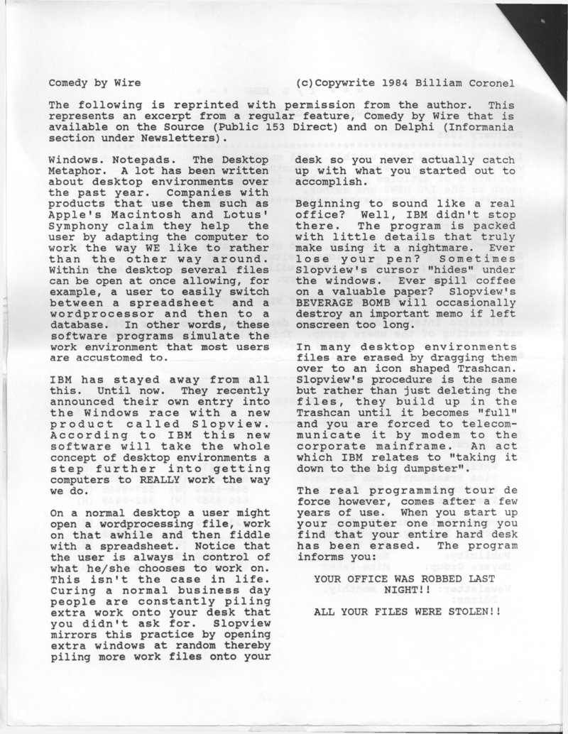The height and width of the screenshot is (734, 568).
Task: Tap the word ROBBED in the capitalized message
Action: pos(417,579)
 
